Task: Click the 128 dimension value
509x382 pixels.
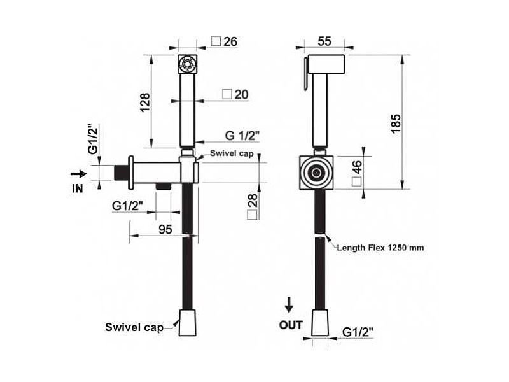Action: click(x=145, y=103)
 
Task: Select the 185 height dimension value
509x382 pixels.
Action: click(x=396, y=124)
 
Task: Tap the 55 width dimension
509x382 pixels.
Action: click(x=324, y=41)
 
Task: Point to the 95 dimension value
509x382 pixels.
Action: click(x=165, y=229)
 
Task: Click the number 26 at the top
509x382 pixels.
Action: click(x=230, y=41)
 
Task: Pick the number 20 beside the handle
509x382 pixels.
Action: click(x=241, y=94)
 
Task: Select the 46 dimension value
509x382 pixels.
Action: click(x=356, y=167)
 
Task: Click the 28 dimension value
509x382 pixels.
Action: click(x=252, y=201)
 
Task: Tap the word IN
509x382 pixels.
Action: click(x=77, y=188)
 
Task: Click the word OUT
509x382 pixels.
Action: click(x=291, y=325)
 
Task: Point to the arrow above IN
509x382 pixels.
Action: click(x=78, y=174)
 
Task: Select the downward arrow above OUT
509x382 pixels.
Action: click(x=289, y=304)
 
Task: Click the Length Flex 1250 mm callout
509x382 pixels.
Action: click(x=380, y=248)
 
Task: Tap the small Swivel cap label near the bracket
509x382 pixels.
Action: click(x=232, y=153)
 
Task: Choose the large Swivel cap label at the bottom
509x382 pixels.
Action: click(x=134, y=327)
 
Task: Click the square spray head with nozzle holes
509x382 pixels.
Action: click(x=188, y=64)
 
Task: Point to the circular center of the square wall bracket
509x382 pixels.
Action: click(x=316, y=173)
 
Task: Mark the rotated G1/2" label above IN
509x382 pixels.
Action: click(x=93, y=139)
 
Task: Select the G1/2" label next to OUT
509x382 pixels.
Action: click(x=358, y=332)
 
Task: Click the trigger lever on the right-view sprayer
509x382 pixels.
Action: click(x=306, y=74)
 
